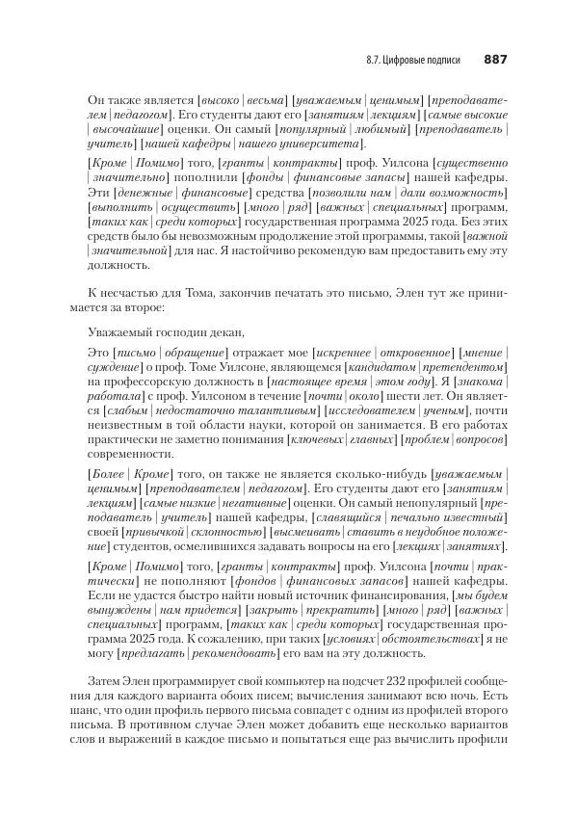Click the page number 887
[x=495, y=60]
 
